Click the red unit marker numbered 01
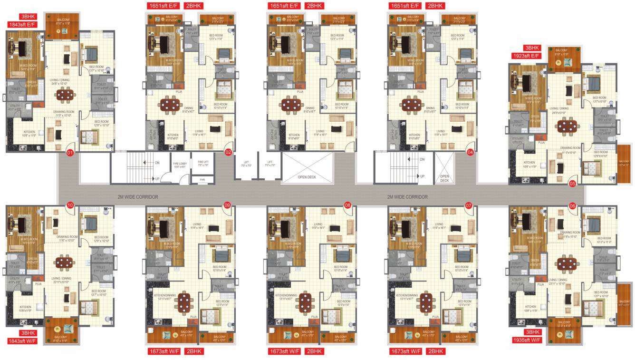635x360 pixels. point(70,153)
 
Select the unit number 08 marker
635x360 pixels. point(347,205)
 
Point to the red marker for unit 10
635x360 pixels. point(70,205)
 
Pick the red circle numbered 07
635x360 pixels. point(469,205)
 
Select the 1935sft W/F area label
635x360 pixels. point(527,340)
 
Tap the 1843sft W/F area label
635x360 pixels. point(23,341)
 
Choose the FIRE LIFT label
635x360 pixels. point(202,164)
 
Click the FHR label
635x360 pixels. point(202,180)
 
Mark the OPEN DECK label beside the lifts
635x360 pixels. point(307,177)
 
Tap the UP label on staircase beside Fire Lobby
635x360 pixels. point(157,179)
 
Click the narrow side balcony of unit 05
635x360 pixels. point(623,162)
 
